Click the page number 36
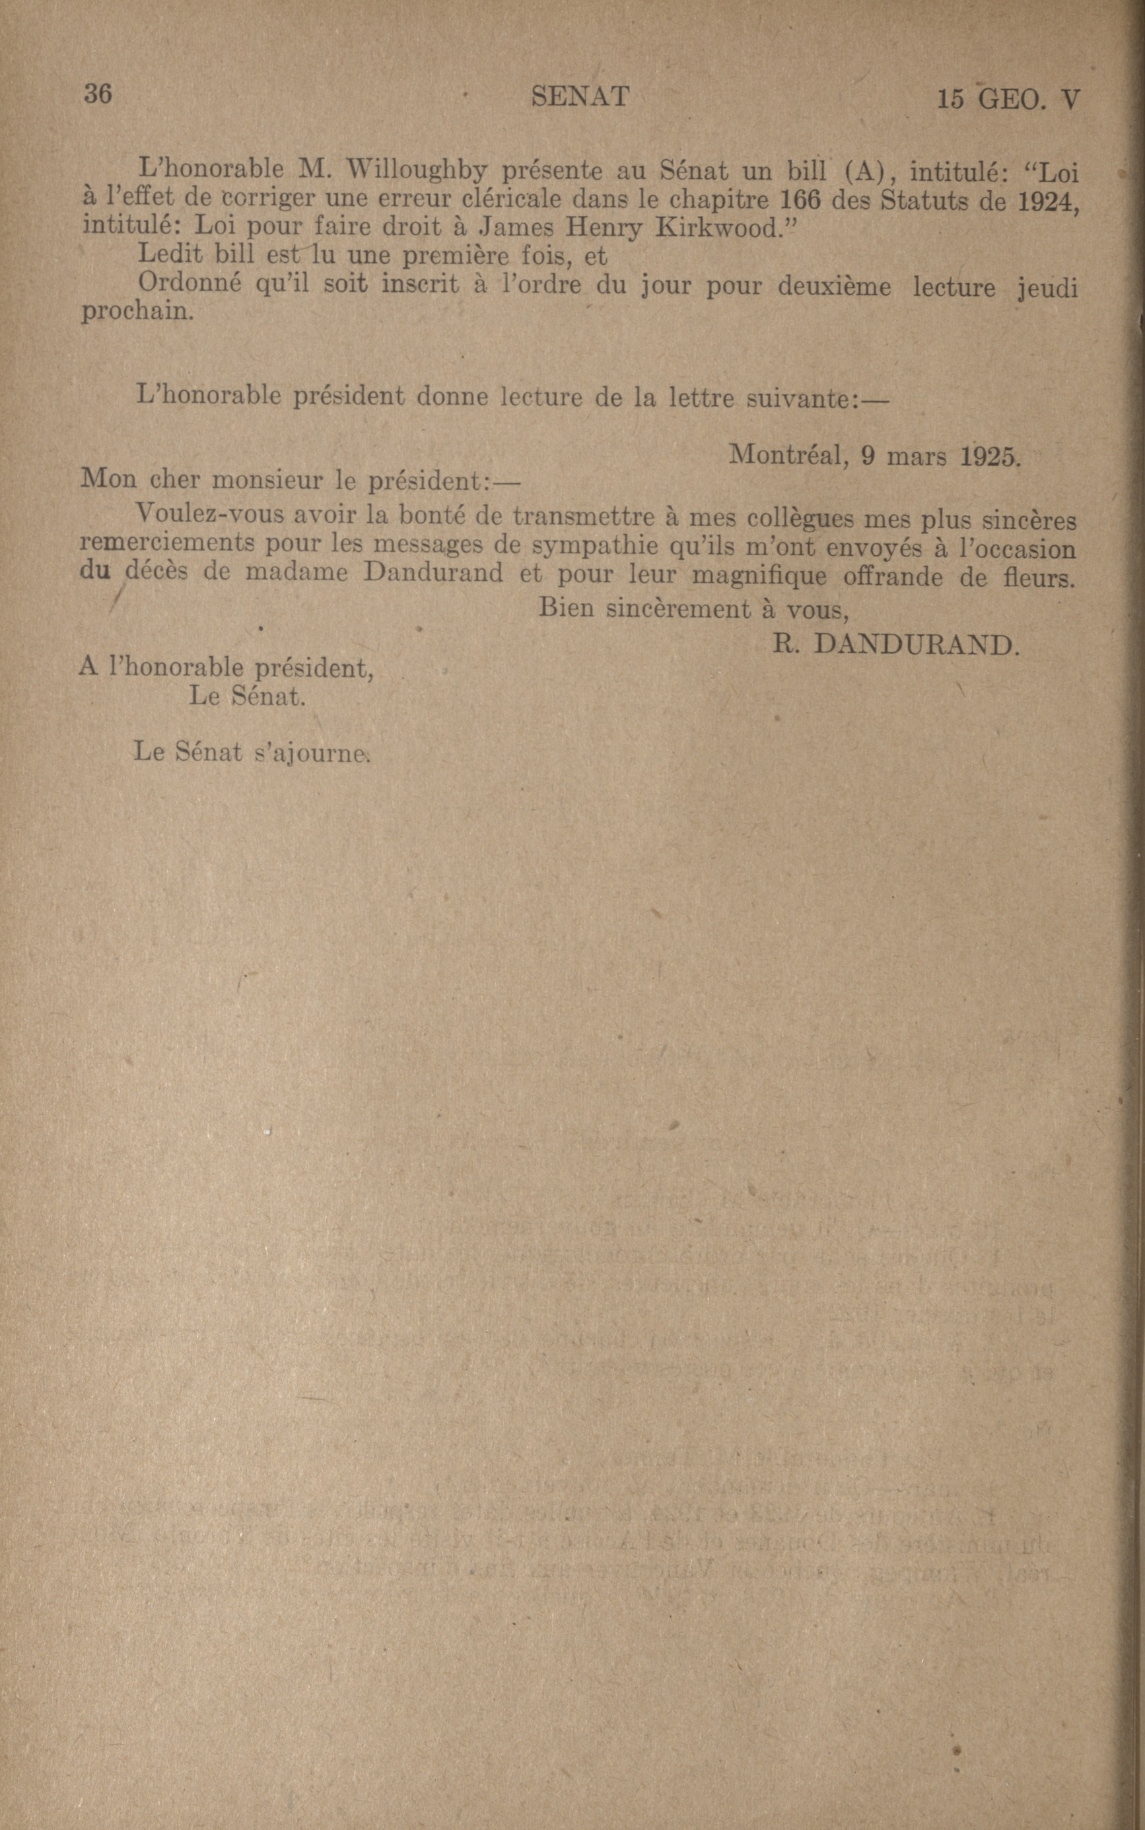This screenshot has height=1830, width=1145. [98, 94]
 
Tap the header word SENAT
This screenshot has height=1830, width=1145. [579, 97]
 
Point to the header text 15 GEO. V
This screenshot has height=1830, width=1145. [1007, 100]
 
